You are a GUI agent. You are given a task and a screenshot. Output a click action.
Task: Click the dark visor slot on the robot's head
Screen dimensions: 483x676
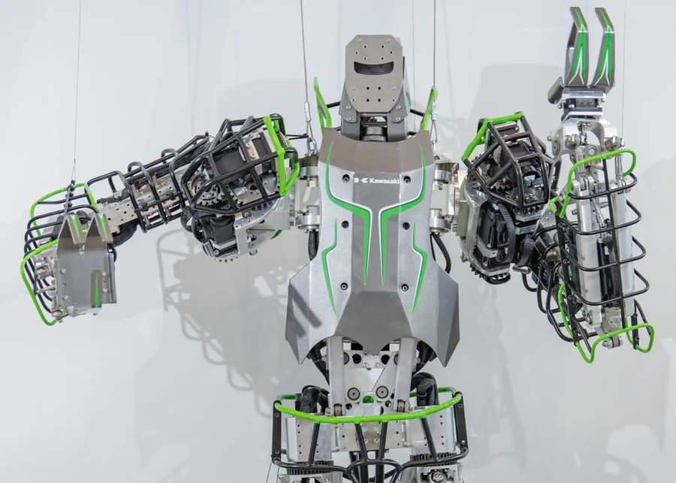coord(373,68)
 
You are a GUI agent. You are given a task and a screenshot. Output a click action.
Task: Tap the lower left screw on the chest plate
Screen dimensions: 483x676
coord(344,286)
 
